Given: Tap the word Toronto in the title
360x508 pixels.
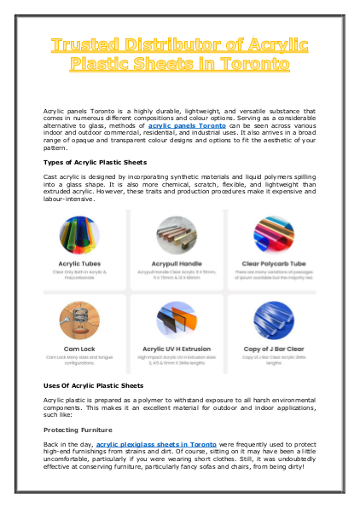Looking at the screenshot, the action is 270,63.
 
